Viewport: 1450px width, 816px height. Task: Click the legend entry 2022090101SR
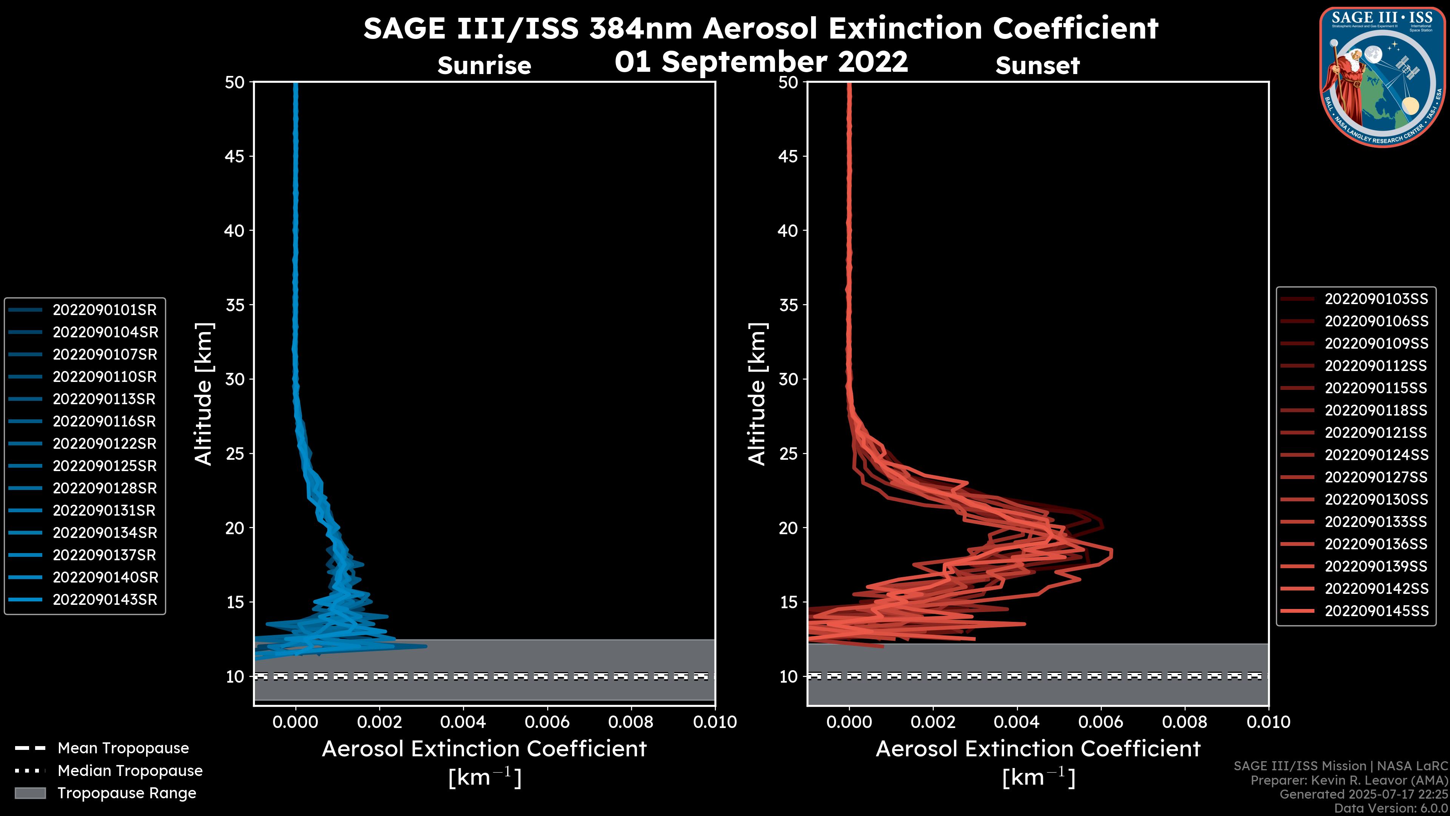pyautogui.click(x=104, y=310)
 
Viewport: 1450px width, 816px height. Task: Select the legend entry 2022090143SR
pyautogui.click(x=104, y=600)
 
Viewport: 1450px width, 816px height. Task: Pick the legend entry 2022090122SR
pyautogui.click(x=104, y=444)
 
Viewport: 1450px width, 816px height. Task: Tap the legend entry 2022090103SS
pyautogui.click(x=1376, y=299)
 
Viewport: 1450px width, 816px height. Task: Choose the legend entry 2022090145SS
pyautogui.click(x=1376, y=611)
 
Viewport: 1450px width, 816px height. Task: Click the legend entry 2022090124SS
pyautogui.click(x=1376, y=455)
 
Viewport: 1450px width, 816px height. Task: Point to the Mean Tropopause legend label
pyautogui.click(x=123, y=748)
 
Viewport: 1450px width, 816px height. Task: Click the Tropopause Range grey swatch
pyautogui.click(x=30, y=793)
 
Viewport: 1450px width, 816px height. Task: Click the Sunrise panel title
pyautogui.click(x=484, y=65)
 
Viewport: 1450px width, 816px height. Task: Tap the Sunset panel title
pyautogui.click(x=1037, y=65)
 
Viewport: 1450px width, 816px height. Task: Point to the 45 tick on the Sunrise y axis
pyautogui.click(x=235, y=156)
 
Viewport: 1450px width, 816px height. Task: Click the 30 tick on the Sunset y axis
pyautogui.click(x=788, y=379)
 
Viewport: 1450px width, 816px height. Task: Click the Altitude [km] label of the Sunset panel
pyautogui.click(x=757, y=394)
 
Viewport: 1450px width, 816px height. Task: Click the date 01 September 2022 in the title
pyautogui.click(x=761, y=62)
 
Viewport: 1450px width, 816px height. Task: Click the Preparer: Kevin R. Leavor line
pyautogui.click(x=1349, y=780)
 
